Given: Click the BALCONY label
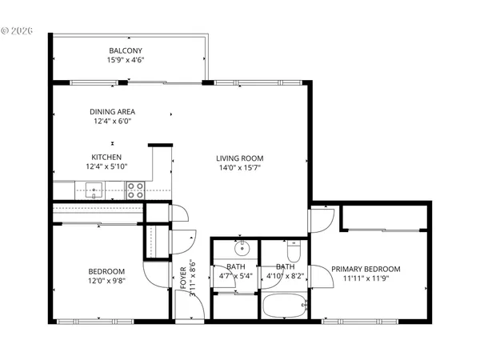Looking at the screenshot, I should (126, 50).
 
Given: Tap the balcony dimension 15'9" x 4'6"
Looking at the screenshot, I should (126, 60).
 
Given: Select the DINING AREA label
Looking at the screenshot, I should (111, 111).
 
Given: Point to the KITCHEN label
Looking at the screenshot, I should (106, 157).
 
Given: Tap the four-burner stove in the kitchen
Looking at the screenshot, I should (135, 190).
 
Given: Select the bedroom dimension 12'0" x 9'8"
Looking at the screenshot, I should (106, 281).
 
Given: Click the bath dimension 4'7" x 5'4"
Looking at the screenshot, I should (236, 277).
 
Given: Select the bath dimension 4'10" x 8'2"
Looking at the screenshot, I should (286, 277).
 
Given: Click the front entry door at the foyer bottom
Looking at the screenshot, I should (189, 315).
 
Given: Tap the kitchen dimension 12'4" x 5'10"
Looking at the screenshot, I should (106, 166).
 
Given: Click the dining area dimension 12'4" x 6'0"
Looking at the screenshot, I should (111, 122).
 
